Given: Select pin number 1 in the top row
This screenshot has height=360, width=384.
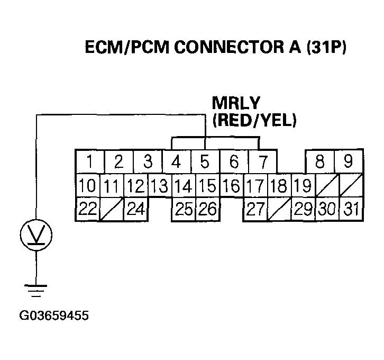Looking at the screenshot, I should pyautogui.click(x=90, y=161).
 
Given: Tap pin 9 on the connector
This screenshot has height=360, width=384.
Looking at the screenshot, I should pyautogui.click(x=348, y=161).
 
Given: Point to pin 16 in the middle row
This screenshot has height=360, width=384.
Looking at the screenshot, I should pyautogui.click(x=231, y=185).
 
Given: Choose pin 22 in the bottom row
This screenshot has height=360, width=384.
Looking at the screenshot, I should pyautogui.click(x=88, y=209).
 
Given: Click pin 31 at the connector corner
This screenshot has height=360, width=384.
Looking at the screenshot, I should pyautogui.click(x=350, y=209).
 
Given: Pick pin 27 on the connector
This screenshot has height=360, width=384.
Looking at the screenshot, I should pyautogui.click(x=255, y=209).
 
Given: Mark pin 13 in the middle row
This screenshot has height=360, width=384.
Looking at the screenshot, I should pyautogui.click(x=159, y=185).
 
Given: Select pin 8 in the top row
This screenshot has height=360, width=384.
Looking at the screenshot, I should pyautogui.click(x=320, y=161).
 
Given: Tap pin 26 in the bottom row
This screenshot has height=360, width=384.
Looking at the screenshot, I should pyautogui.click(x=207, y=209).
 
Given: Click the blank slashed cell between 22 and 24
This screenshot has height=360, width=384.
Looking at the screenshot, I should pyautogui.click(x=111, y=209).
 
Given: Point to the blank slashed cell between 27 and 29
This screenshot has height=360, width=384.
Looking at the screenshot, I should pyautogui.click(x=279, y=209).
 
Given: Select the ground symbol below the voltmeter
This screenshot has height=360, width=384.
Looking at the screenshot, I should pyautogui.click(x=36, y=290).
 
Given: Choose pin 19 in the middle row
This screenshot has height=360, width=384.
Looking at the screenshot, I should pyautogui.click(x=302, y=185).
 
